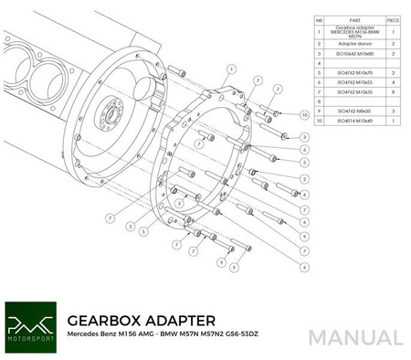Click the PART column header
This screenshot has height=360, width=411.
[353, 18]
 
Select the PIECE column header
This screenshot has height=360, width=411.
[393, 18]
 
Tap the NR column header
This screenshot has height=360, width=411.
[319, 18]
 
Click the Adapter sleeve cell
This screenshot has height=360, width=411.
[353, 41]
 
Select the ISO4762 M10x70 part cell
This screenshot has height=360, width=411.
[353, 70]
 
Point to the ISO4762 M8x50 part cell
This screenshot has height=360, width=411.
[353, 110]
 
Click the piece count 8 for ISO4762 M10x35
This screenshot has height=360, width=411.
[393, 92]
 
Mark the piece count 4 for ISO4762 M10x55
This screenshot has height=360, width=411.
[393, 81]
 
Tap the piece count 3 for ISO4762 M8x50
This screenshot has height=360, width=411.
[393, 110]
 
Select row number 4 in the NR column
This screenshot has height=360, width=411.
[319, 70]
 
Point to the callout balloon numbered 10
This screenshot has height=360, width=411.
[304, 115]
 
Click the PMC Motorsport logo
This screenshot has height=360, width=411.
[30, 328]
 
